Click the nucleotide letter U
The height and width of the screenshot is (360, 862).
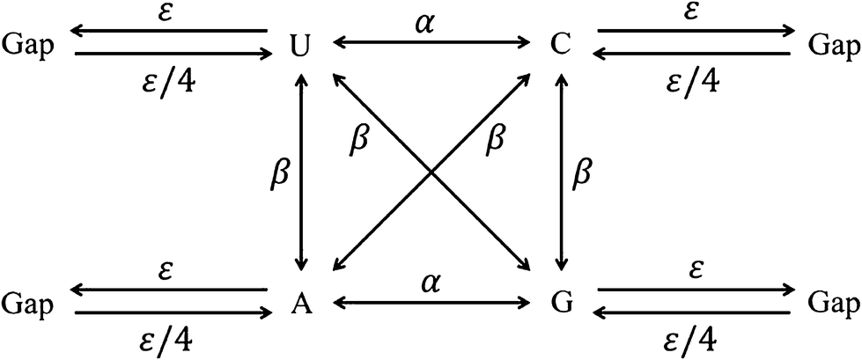(x=300, y=43)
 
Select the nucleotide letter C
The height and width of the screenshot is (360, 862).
(x=558, y=43)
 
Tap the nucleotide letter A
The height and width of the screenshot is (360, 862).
(x=300, y=303)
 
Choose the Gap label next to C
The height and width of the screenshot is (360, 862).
(x=834, y=43)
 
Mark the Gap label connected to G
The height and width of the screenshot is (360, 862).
(x=834, y=303)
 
